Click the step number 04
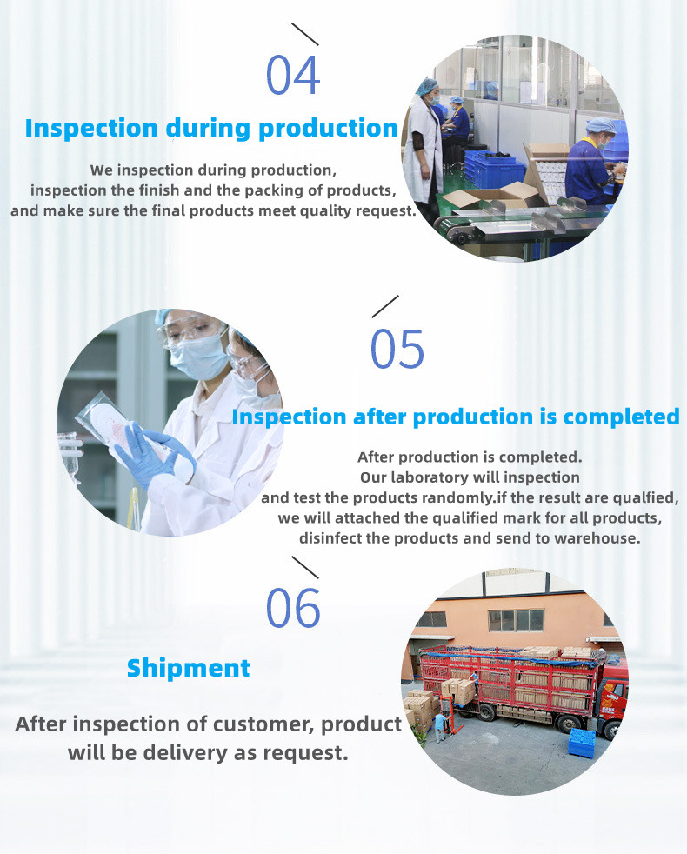click(292, 75)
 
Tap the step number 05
click(397, 349)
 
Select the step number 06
click(293, 607)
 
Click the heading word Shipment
click(188, 668)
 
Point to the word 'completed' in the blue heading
click(621, 417)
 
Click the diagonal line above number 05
click(385, 307)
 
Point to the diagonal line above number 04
click(305, 34)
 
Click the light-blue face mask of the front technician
click(198, 357)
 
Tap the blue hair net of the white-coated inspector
click(427, 85)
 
